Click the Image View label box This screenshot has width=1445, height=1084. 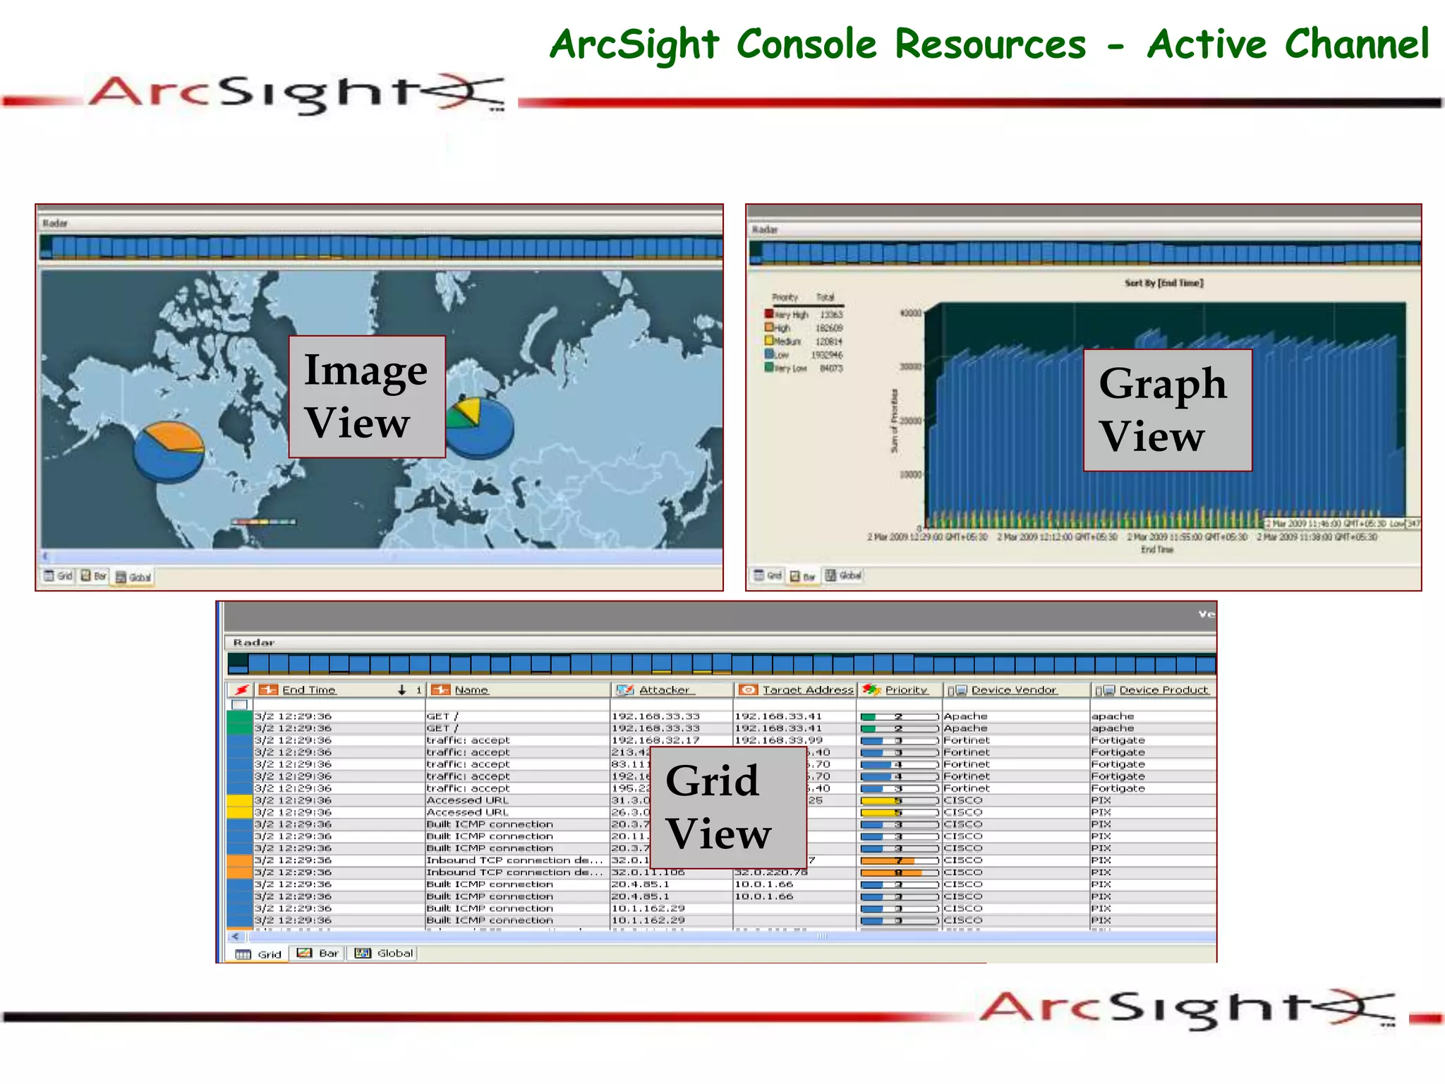click(x=367, y=397)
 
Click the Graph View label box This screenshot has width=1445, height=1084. click(x=1168, y=410)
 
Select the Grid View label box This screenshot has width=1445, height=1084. click(x=727, y=807)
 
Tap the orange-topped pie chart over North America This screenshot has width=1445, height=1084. click(x=169, y=452)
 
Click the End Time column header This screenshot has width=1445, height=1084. click(x=308, y=690)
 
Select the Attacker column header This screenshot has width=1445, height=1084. click(x=663, y=690)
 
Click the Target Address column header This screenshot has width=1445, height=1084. click(x=807, y=690)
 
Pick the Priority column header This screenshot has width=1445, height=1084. click(x=906, y=690)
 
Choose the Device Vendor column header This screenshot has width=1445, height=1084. click(x=1013, y=690)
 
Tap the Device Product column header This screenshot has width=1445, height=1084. click(x=1163, y=690)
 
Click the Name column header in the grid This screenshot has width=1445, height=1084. click(x=471, y=690)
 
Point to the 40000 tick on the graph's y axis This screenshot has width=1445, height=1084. click(x=910, y=313)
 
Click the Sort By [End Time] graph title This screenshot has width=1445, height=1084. click(x=1163, y=283)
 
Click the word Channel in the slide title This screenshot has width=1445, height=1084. click(x=1357, y=44)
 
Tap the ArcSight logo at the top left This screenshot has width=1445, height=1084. click(x=296, y=93)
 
